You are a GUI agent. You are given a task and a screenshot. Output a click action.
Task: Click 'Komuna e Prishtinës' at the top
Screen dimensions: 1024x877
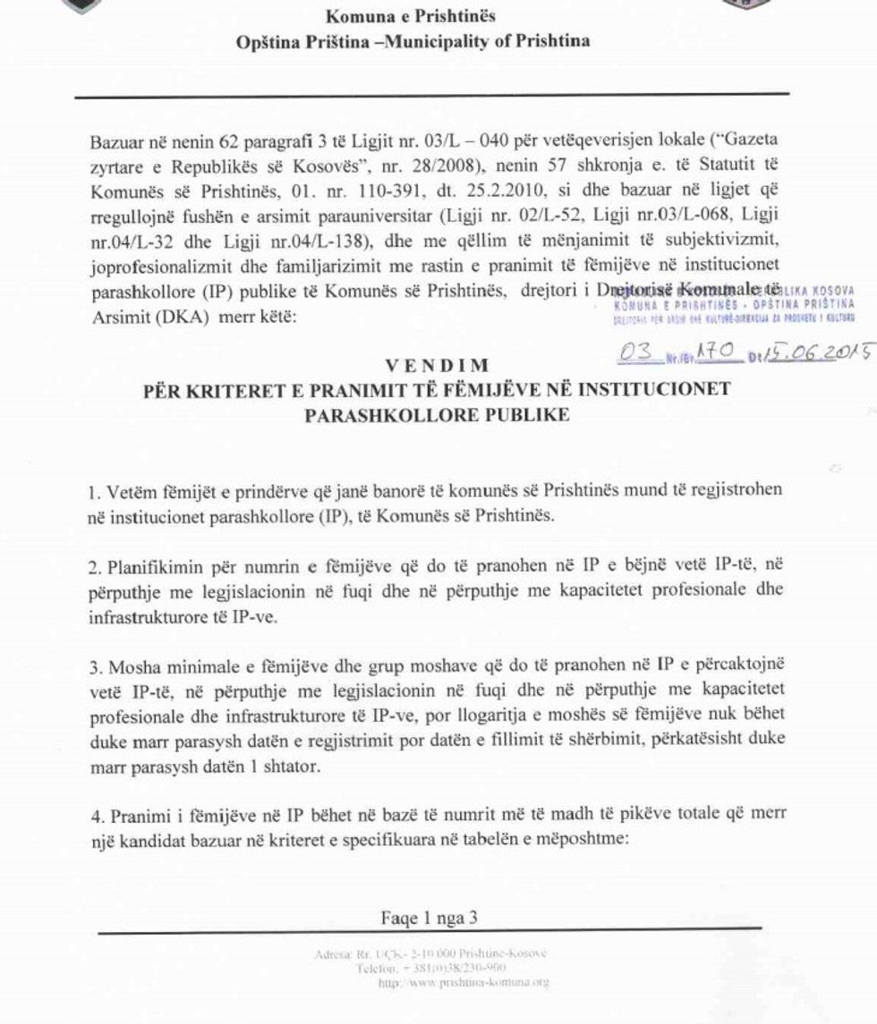412,17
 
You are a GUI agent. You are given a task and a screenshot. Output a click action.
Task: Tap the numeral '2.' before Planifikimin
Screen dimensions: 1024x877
96,566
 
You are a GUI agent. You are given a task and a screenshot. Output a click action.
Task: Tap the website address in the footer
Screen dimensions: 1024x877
464,982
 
